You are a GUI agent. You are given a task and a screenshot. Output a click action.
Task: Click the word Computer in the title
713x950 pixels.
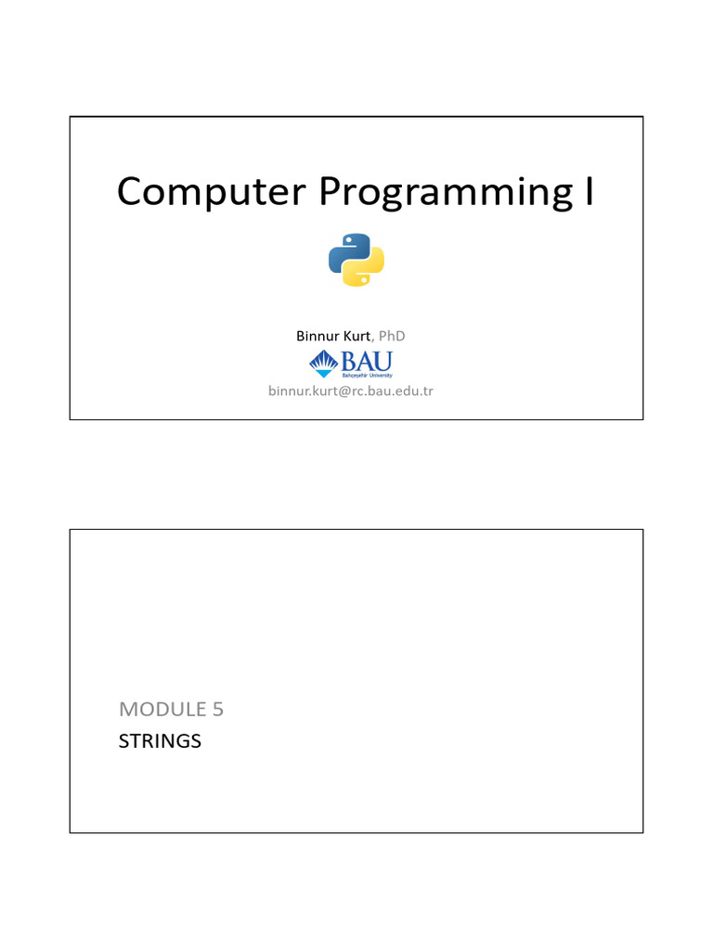pos(211,192)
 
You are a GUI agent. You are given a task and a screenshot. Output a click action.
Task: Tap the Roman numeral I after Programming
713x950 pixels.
pos(587,191)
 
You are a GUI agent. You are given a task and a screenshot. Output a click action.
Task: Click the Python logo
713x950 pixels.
pos(356,260)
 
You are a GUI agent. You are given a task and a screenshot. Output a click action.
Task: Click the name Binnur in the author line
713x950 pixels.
pos(316,336)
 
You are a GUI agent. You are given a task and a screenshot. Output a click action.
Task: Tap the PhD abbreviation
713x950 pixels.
pos(392,336)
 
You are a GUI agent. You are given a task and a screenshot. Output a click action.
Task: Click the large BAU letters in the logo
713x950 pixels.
pos(368,360)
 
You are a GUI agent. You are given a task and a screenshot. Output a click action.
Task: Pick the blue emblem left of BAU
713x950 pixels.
pos(322,364)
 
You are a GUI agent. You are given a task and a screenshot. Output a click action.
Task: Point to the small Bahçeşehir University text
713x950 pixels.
pos(368,376)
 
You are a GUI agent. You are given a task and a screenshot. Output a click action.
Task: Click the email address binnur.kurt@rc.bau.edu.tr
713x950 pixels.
pos(351,391)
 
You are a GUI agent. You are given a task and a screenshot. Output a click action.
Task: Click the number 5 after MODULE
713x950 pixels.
pos(217,710)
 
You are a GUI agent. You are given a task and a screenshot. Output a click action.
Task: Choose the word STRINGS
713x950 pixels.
pos(160,741)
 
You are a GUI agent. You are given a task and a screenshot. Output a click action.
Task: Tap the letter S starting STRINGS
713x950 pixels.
pos(124,741)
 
